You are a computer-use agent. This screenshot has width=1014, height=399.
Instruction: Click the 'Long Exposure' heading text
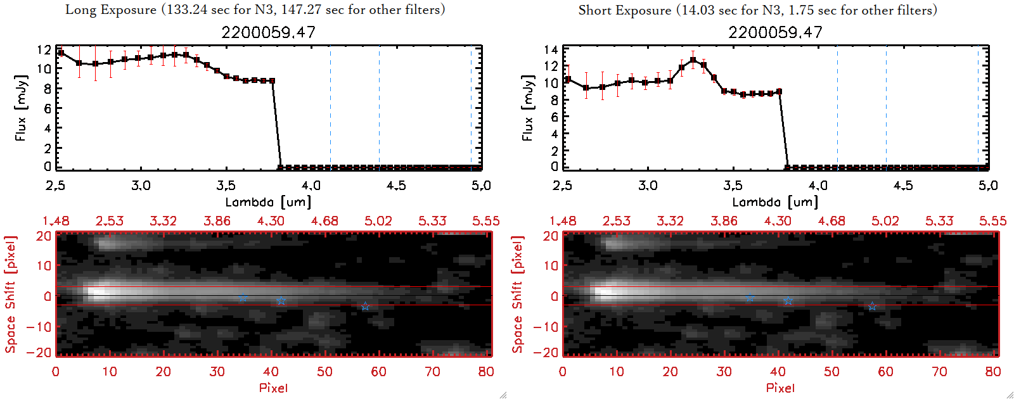coord(111,9)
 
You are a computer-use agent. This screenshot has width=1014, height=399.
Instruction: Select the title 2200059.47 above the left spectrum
coord(268,32)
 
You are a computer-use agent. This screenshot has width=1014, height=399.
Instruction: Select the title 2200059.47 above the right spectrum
coord(775,32)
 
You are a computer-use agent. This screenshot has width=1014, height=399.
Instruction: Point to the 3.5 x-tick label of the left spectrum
coord(226,186)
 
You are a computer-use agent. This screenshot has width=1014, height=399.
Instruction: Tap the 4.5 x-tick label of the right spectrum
coord(903,186)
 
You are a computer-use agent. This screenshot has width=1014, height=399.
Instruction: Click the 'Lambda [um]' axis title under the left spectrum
coord(268,202)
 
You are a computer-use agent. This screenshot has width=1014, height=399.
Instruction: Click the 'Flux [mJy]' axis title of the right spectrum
coord(527,108)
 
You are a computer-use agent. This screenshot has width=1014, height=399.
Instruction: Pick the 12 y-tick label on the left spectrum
coord(44,50)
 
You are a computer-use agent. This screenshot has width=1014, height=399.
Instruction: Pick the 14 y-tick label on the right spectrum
coord(551,50)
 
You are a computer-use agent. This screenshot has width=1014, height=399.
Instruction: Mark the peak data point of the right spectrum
coord(693,60)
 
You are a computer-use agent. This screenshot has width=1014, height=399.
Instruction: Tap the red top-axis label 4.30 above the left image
coord(271,221)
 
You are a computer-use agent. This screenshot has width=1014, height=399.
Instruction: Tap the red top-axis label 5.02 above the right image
coord(885,221)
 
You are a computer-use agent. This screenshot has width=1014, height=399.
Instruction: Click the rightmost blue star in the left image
coord(365,307)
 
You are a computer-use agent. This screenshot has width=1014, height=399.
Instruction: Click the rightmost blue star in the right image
coord(872,307)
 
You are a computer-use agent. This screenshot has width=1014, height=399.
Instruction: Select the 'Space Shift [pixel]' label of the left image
coord(10,294)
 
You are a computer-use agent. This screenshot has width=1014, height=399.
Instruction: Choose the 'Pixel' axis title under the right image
coord(780,388)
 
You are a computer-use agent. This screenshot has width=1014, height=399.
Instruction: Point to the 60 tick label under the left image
coord(378,372)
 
